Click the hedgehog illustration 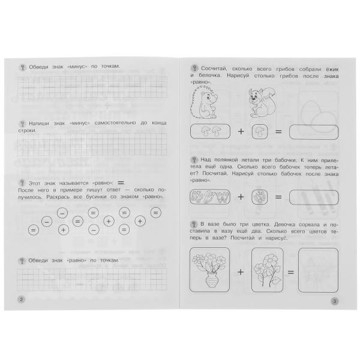click(203, 103)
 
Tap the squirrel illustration click(262, 103)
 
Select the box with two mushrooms click(210, 131)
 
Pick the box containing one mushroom click(260, 131)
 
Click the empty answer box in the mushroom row click(314, 132)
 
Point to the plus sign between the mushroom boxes click(241, 131)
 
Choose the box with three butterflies click(210, 197)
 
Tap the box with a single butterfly click(260, 197)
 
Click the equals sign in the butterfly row click(278, 197)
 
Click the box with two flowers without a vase click(268, 270)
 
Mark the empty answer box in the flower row click(318, 271)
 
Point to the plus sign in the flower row click(241, 272)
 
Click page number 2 click(21, 299)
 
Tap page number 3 click(334, 301)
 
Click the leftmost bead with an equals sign click(33, 230)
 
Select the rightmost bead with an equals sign click(155, 212)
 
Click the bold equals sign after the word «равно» click(121, 183)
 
